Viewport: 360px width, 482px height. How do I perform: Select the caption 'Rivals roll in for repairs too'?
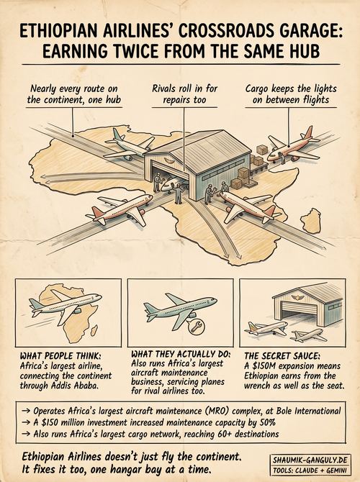coord(184,94)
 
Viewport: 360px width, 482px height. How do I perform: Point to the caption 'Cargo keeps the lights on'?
coord(291,94)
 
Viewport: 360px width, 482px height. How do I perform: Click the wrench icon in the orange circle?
coord(196,327)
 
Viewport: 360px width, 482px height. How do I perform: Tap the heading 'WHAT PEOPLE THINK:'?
coord(60,356)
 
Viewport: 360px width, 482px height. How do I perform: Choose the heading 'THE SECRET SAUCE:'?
coord(282,356)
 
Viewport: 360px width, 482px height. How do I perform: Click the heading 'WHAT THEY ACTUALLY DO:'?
coord(181,354)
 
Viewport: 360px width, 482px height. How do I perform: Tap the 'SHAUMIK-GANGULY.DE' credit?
coord(310,460)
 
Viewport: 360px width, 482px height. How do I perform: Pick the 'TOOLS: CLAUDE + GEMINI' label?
coord(310,470)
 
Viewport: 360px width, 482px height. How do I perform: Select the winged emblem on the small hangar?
coord(297,297)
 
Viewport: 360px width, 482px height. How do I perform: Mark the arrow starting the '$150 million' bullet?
coord(27,423)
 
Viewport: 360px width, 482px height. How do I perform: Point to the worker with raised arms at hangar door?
coord(178,194)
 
